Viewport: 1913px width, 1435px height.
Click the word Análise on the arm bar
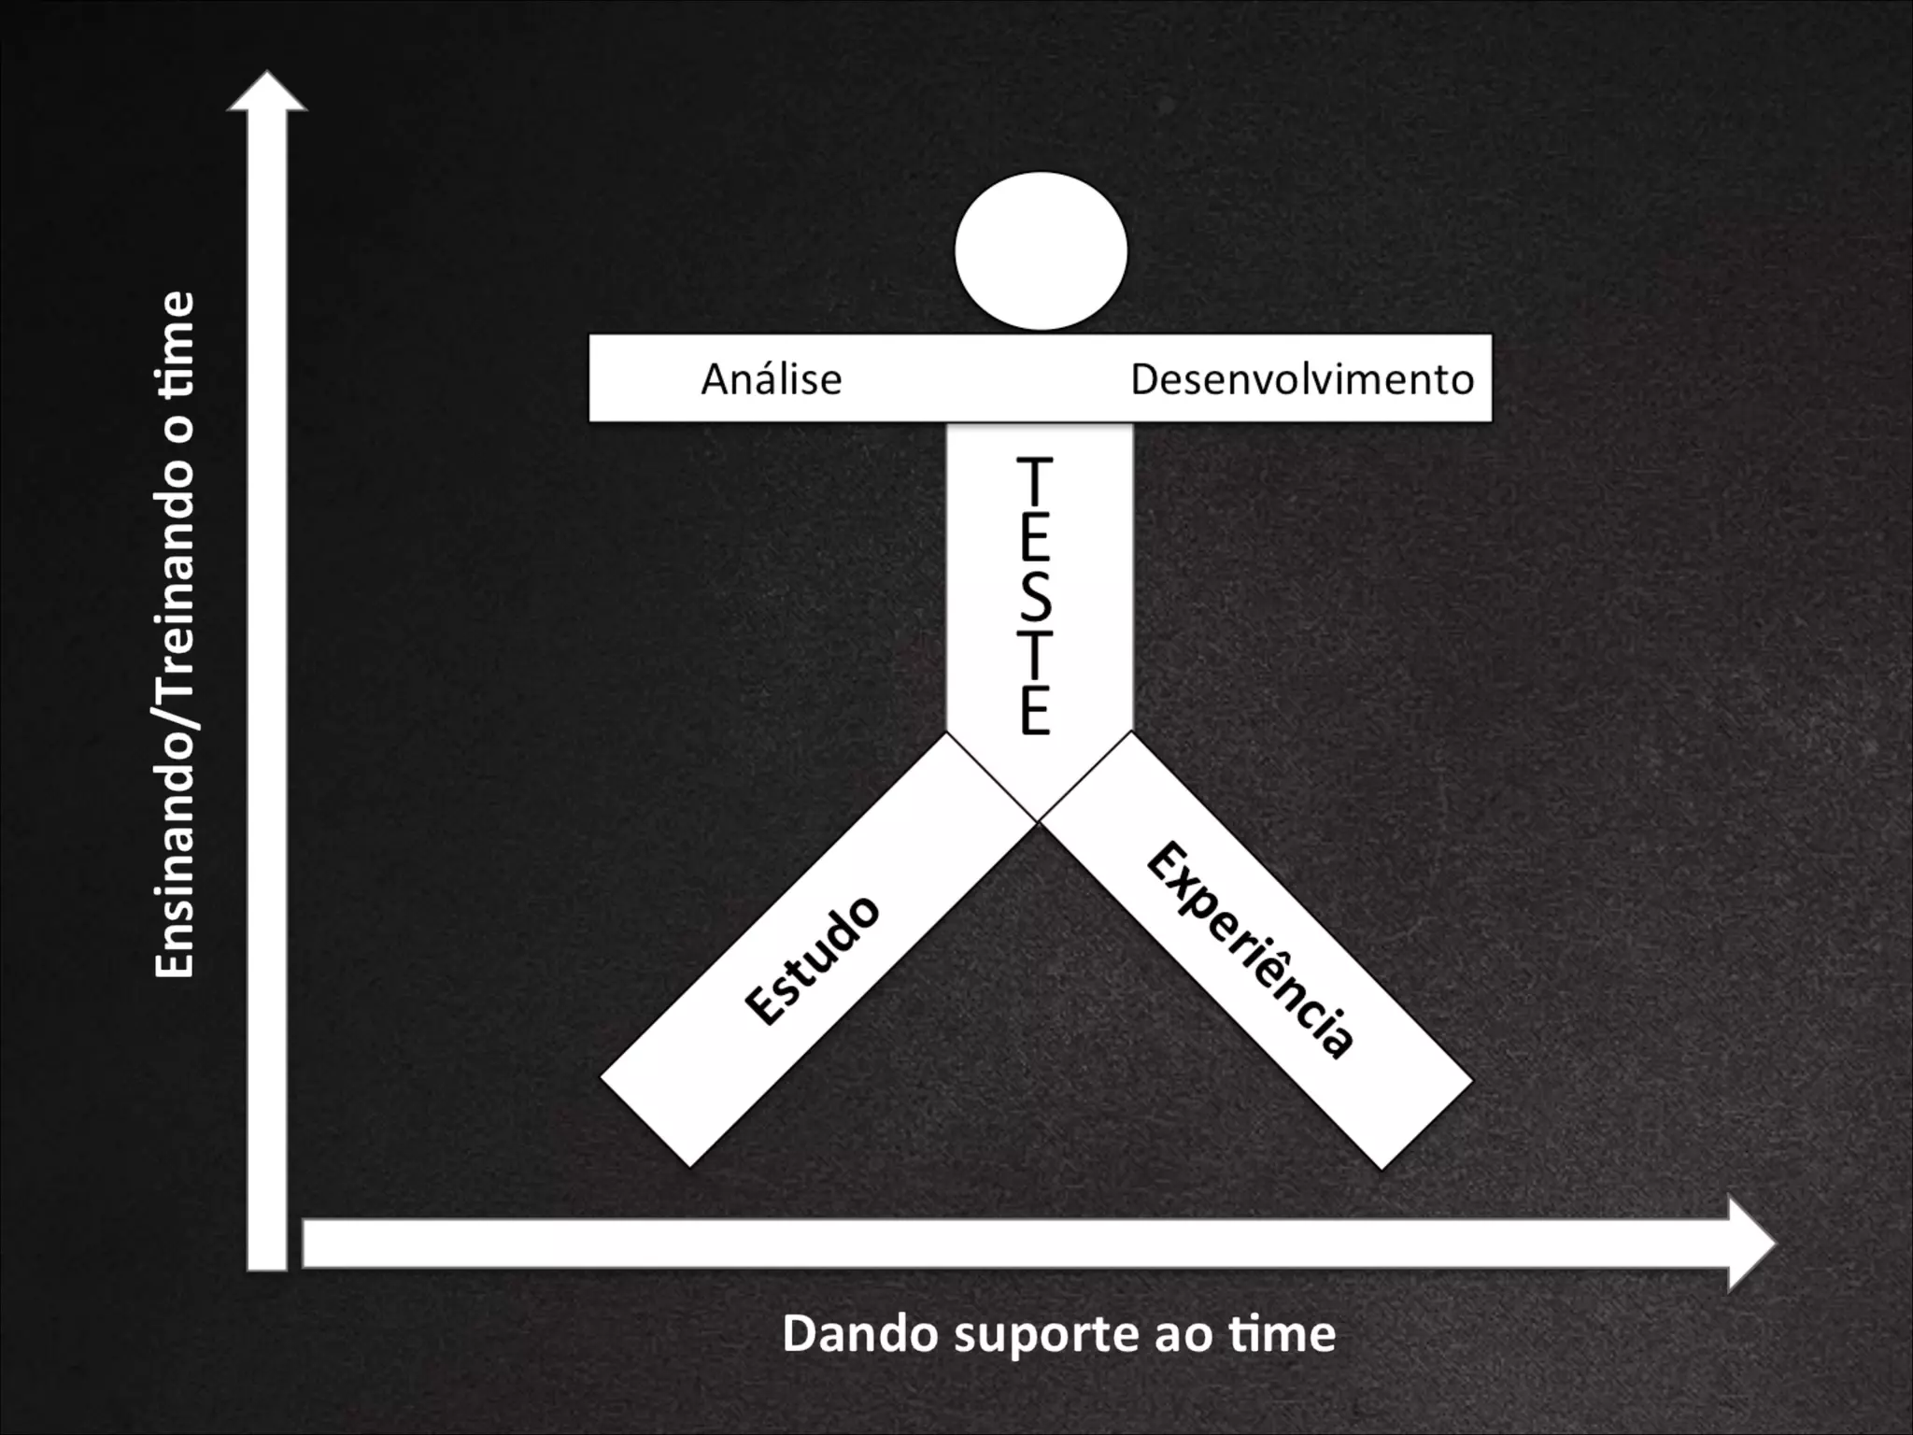[x=772, y=379]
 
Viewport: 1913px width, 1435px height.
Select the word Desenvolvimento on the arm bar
[x=1302, y=379]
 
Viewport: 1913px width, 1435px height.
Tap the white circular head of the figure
[x=1041, y=250]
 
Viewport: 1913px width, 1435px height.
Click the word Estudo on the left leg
[x=812, y=959]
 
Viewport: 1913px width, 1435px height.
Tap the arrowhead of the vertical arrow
[x=267, y=93]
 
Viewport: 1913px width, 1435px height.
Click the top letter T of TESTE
[x=1035, y=480]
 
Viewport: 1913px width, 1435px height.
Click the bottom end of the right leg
[x=1425, y=1125]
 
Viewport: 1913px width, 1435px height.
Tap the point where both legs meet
[x=1038, y=822]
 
